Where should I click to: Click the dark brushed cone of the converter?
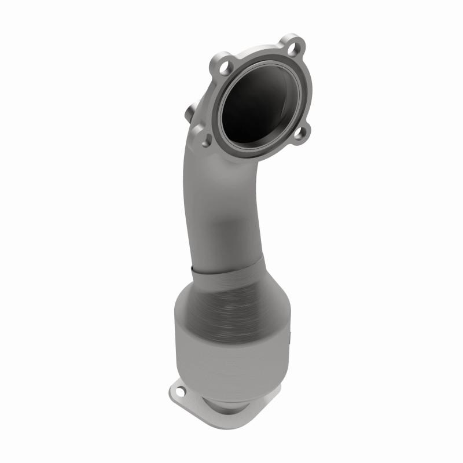tap(243, 301)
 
